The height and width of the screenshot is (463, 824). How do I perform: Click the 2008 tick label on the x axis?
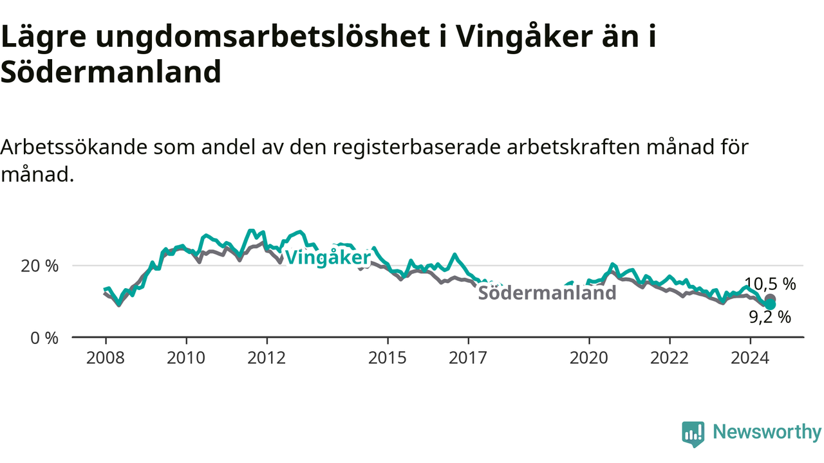pyautogui.click(x=106, y=358)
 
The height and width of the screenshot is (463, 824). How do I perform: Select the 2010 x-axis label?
pyautogui.click(x=186, y=358)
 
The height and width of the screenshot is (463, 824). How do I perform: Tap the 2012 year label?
pyautogui.click(x=267, y=358)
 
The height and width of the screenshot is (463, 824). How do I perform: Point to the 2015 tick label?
pyautogui.click(x=388, y=358)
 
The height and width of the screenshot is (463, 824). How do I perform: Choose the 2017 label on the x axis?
pyautogui.click(x=468, y=358)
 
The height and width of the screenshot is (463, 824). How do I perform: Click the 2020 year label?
pyautogui.click(x=589, y=358)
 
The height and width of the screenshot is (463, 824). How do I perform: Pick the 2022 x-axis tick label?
pyautogui.click(x=669, y=358)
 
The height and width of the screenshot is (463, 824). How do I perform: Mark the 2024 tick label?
pyautogui.click(x=750, y=358)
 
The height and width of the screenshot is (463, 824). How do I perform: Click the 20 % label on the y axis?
pyautogui.click(x=39, y=266)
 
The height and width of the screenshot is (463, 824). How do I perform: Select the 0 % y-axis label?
pyautogui.click(x=44, y=338)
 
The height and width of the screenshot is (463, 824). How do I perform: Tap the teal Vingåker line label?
pyautogui.click(x=328, y=258)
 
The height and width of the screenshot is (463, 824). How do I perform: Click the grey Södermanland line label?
pyautogui.click(x=547, y=293)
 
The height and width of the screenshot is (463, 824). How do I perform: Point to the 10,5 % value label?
pyautogui.click(x=770, y=284)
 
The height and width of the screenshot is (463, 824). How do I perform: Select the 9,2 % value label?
pyautogui.click(x=770, y=317)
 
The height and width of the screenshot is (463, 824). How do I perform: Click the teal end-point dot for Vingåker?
pyautogui.click(x=770, y=304)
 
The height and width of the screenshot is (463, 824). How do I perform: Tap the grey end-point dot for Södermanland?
pyautogui.click(x=770, y=298)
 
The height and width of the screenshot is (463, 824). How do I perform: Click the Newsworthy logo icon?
pyautogui.click(x=693, y=434)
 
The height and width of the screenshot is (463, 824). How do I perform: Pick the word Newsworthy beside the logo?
pyautogui.click(x=767, y=431)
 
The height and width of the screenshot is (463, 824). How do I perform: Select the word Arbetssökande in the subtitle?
pyautogui.click(x=74, y=147)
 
